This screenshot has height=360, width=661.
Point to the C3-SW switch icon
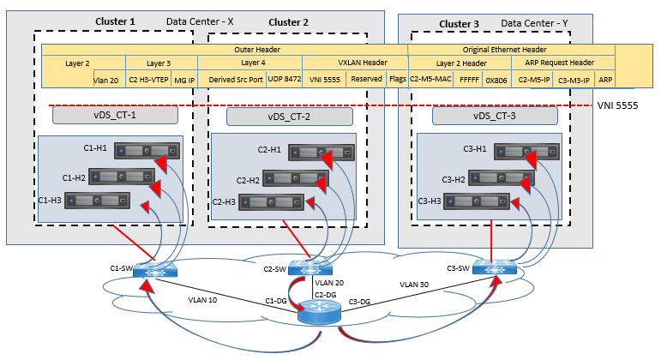[x=494, y=267]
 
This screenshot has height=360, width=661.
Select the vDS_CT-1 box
[x=115, y=114]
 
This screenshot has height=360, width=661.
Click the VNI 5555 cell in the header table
[x=325, y=79]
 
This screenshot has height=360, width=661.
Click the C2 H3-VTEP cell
[x=148, y=79]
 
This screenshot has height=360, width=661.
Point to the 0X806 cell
[x=496, y=79]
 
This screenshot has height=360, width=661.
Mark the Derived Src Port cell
[x=231, y=79]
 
